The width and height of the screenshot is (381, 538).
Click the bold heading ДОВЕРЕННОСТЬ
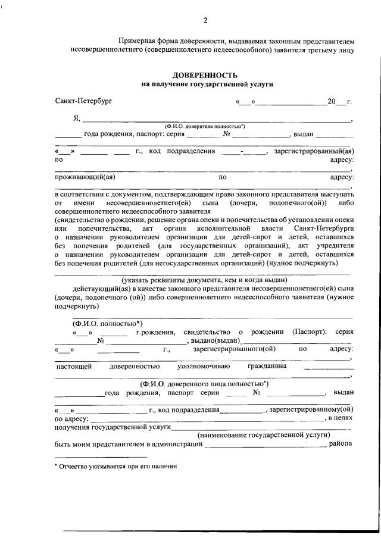[x=205, y=76]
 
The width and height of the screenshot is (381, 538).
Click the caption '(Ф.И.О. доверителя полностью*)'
[x=204, y=126]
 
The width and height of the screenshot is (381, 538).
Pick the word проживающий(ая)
[x=84, y=177]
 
